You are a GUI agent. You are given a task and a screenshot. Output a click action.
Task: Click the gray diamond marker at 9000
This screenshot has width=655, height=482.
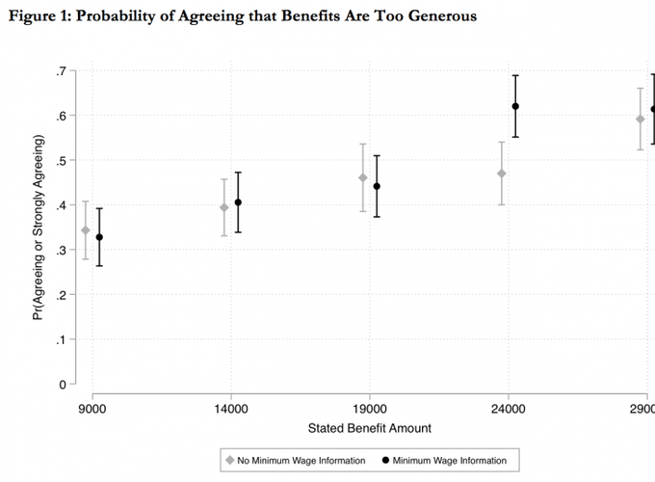pos(86,230)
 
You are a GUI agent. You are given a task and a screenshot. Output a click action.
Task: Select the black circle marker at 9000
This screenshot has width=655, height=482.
pos(99,237)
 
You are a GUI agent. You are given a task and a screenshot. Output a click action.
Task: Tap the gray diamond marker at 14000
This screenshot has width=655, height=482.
pos(224,207)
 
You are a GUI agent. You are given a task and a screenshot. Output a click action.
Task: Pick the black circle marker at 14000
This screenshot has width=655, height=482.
pos(238,202)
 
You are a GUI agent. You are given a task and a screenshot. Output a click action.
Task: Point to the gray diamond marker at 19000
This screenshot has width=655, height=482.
pos(363,177)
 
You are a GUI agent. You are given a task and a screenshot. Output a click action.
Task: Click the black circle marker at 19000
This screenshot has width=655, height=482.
pos(377,186)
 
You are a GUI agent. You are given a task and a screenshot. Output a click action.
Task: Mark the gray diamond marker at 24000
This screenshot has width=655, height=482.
pos(502,174)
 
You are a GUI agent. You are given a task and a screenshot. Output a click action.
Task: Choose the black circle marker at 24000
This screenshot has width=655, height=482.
pos(515,106)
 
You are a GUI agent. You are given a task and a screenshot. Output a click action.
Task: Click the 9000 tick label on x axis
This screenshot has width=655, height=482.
pos(92,408)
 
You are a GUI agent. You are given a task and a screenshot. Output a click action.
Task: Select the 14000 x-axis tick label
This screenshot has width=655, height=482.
pos(231,408)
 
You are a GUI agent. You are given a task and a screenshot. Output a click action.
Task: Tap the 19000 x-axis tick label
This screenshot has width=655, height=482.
pos(370,408)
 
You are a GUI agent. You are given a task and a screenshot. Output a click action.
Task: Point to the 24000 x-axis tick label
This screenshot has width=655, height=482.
pos(509,408)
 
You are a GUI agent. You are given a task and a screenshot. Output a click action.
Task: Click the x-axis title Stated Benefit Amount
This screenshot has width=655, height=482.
pos(370,427)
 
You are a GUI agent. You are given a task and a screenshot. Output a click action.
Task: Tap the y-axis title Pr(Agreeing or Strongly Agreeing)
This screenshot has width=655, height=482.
pos(39,228)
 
